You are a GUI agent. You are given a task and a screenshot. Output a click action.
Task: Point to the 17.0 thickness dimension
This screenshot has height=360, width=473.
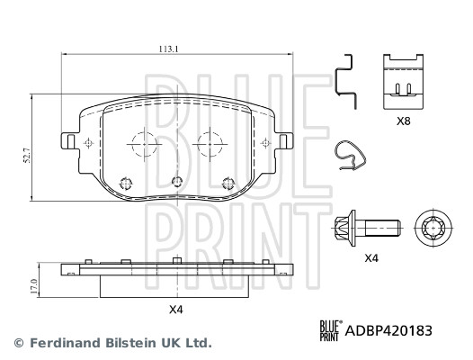[x=34, y=286]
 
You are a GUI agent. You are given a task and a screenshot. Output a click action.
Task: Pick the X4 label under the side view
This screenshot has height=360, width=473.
[x=176, y=310]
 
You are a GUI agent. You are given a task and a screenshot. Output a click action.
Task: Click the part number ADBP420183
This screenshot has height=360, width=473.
[x=389, y=331]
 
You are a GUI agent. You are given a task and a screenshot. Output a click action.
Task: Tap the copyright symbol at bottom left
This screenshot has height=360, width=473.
[x=17, y=343]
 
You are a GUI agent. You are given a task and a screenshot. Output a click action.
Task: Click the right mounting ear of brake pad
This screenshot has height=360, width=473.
[x=284, y=142]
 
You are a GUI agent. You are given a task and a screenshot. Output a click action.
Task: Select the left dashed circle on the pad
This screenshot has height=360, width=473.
[x=142, y=144]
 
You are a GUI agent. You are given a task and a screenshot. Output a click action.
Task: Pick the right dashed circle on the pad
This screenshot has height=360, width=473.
[x=210, y=144]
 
